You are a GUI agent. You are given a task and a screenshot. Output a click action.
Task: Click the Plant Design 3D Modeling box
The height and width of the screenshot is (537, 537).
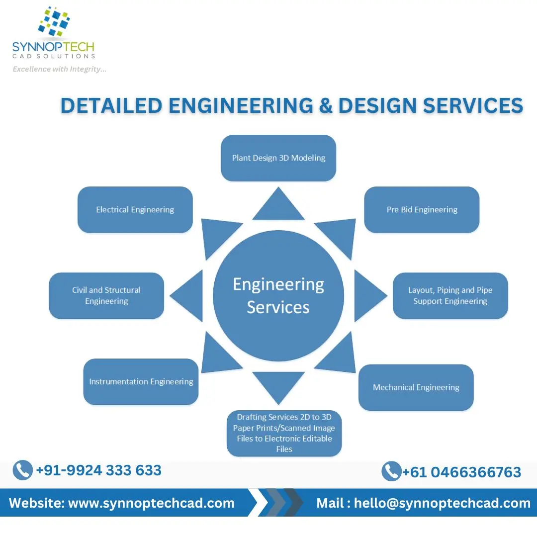(278, 158)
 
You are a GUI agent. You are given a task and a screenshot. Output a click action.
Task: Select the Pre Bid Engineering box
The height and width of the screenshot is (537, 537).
(422, 210)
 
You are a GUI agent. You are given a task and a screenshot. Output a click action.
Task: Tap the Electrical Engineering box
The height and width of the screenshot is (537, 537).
(135, 210)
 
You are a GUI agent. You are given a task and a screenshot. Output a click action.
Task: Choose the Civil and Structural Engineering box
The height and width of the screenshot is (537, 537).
(106, 296)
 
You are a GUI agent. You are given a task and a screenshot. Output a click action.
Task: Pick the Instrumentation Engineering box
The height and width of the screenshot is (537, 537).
(141, 382)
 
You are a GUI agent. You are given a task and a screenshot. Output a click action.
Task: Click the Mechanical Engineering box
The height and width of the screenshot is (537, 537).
(416, 387)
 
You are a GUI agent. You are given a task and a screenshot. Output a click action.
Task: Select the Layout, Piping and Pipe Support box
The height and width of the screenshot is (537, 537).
(450, 296)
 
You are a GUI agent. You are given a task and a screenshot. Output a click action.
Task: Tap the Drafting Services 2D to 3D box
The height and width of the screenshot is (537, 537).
(284, 433)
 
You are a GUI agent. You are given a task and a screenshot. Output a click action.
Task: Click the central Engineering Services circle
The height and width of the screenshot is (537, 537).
(278, 296)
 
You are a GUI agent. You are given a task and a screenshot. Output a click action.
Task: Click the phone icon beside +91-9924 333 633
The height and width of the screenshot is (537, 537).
(22, 470)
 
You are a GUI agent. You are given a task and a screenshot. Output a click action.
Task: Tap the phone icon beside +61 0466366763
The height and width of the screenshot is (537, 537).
(391, 471)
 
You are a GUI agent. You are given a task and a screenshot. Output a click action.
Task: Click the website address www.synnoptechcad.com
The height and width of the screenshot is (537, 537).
(151, 503)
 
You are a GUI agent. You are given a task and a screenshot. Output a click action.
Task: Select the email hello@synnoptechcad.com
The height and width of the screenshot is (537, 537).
(442, 503)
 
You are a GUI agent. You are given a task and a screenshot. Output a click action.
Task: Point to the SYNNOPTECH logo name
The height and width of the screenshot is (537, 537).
(53, 48)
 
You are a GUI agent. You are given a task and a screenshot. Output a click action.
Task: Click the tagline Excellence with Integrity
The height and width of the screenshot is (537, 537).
(59, 69)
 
